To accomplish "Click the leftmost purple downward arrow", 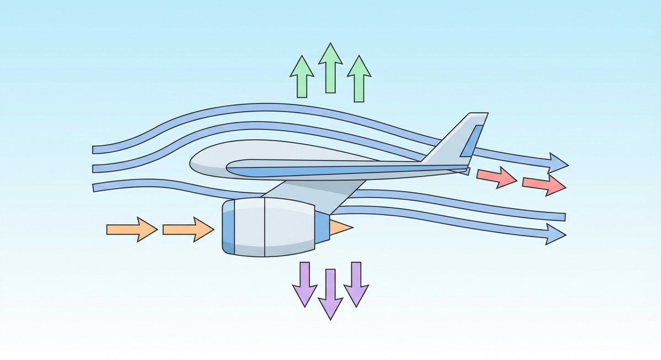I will pos(305,283).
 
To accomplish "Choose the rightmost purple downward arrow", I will pos(356,283).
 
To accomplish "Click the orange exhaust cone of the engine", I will pos(340,226).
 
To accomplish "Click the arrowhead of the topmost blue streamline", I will pos(559,163).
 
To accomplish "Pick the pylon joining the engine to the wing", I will pos(308,193).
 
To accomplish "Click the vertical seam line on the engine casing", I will pos(264,227).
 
